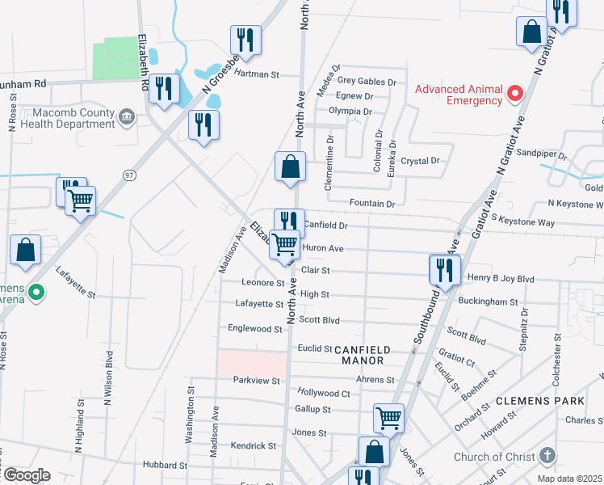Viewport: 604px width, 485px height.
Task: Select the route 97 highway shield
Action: click(x=128, y=175)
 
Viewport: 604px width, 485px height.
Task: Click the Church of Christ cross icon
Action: click(x=547, y=456)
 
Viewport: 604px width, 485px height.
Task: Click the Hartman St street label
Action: click(x=257, y=74)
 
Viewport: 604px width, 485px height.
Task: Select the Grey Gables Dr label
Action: click(x=367, y=82)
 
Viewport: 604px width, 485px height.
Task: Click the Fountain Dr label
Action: click(x=372, y=204)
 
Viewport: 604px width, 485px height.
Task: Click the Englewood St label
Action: click(x=254, y=329)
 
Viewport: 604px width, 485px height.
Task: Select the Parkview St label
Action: click(x=256, y=380)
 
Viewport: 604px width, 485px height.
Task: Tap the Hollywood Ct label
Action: click(x=323, y=394)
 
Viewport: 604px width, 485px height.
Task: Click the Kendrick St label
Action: click(x=253, y=445)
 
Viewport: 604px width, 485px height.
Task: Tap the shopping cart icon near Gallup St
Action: click(x=389, y=418)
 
